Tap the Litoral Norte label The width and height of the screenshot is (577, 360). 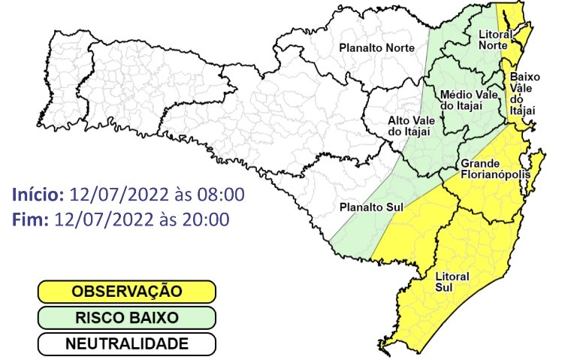495,39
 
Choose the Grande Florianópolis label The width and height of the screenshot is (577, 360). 496,169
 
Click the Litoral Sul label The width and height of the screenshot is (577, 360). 452,281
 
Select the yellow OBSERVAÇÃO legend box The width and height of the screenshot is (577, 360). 127,291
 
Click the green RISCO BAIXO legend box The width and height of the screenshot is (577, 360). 127,318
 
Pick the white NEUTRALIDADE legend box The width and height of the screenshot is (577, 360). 127,344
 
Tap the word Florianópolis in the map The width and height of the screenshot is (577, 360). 496,175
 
